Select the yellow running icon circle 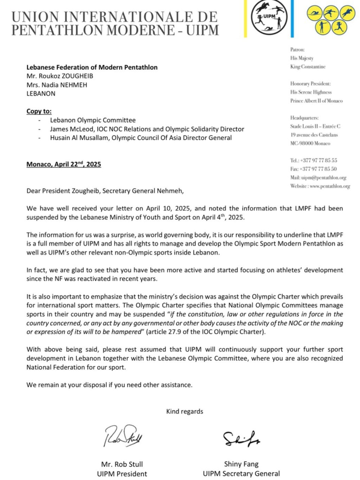(339, 27)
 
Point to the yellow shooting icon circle (322, 27)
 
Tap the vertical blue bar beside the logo (292, 18)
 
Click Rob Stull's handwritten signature (123, 436)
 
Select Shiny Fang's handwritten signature (241, 438)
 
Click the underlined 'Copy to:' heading (39, 111)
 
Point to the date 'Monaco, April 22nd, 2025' (64, 164)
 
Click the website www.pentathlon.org (330, 186)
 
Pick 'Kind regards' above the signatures (185, 411)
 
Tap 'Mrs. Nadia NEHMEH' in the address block (57, 85)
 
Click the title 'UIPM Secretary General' (241, 473)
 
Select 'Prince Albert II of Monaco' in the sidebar (316, 101)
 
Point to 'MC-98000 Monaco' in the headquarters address (310, 143)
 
